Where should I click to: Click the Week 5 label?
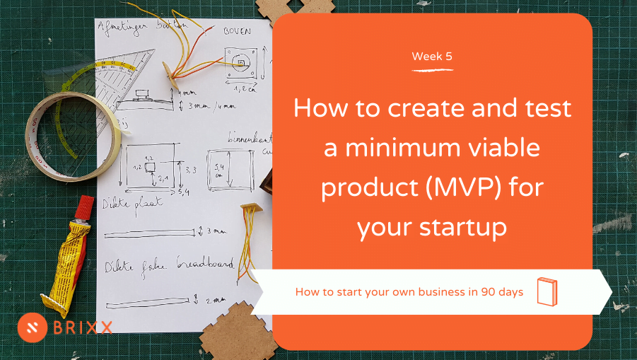(432, 57)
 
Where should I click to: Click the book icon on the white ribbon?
(547, 291)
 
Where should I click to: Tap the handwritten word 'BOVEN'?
(238, 31)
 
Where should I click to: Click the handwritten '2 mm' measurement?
(215, 299)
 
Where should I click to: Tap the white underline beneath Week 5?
(432, 70)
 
